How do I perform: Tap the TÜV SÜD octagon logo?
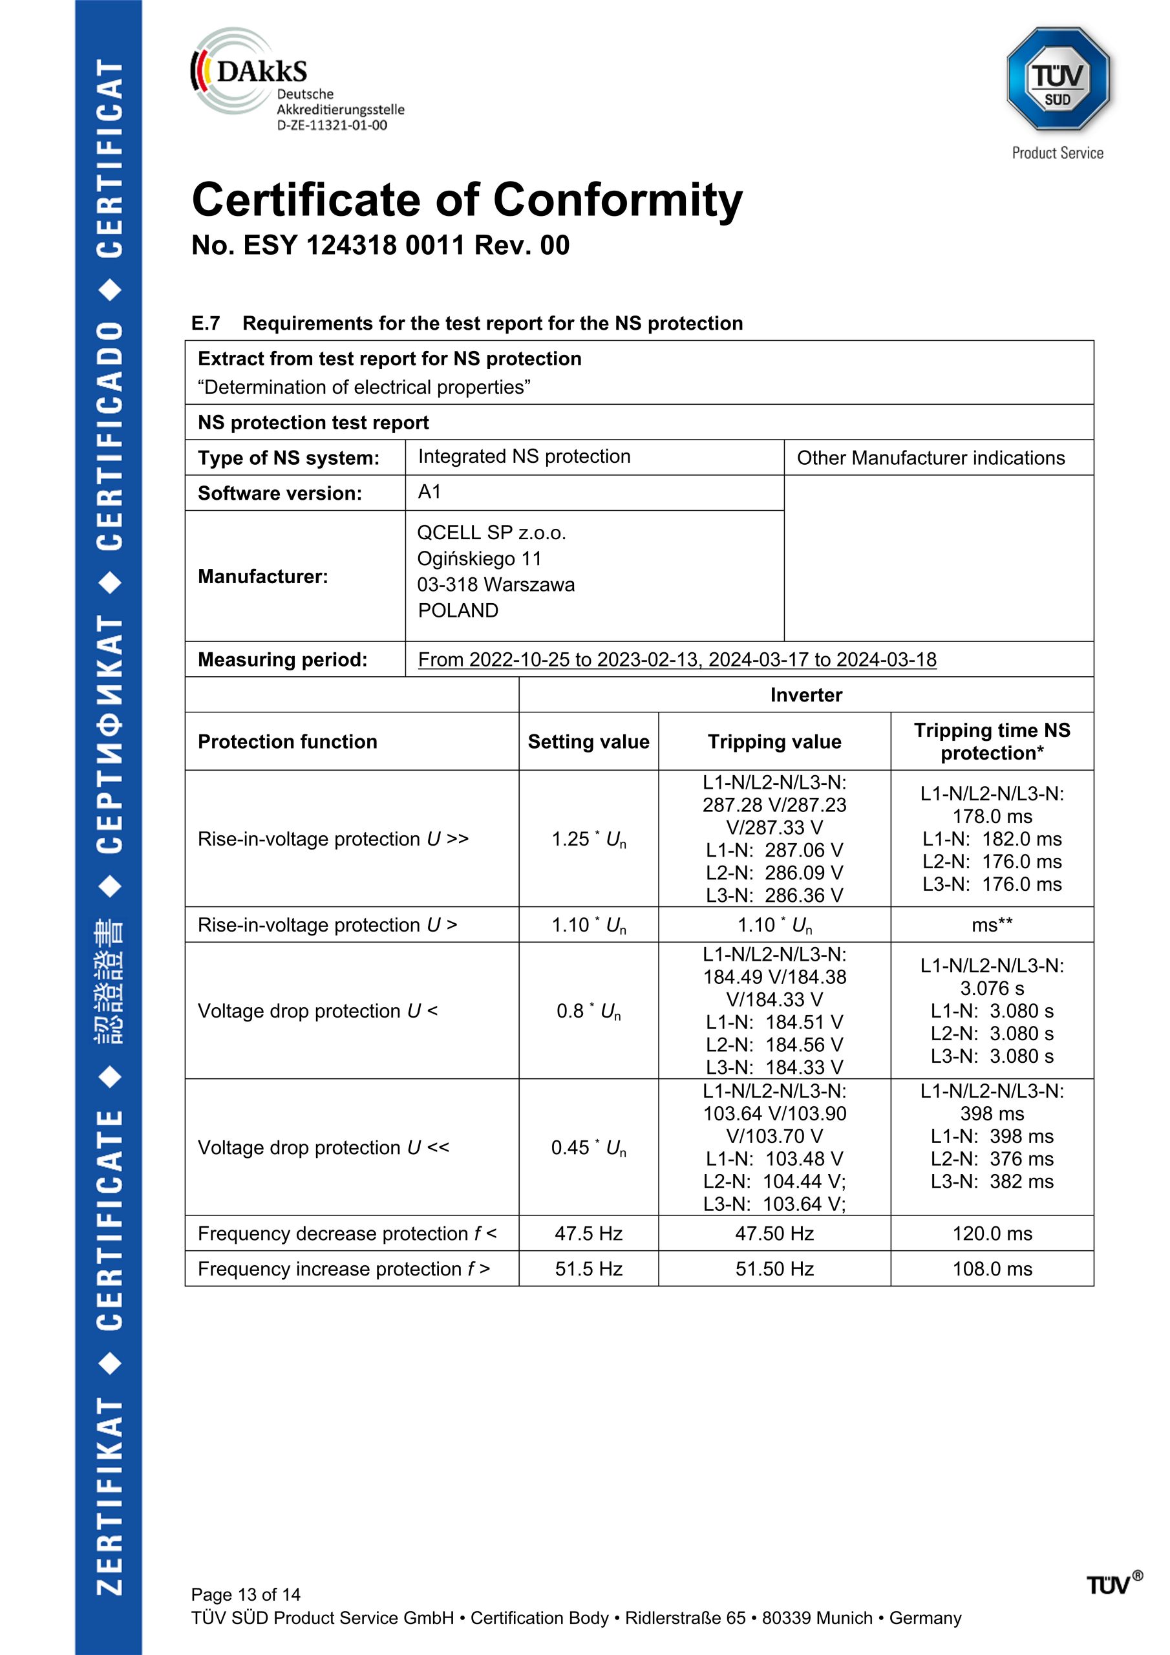click(1058, 80)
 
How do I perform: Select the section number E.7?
click(206, 324)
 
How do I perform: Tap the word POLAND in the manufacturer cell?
click(458, 610)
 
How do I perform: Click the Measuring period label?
click(282, 659)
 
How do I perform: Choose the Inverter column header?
click(805, 695)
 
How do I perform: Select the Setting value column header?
click(588, 742)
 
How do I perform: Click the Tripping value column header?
click(774, 742)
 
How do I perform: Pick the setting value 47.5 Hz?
click(588, 1233)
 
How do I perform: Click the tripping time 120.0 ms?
click(992, 1233)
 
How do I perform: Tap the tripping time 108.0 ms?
click(992, 1268)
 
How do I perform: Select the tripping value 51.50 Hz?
click(774, 1268)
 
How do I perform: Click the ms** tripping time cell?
click(992, 925)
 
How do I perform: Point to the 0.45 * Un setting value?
click(588, 1148)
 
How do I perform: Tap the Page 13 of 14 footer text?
click(245, 1594)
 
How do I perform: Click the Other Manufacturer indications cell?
click(930, 458)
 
